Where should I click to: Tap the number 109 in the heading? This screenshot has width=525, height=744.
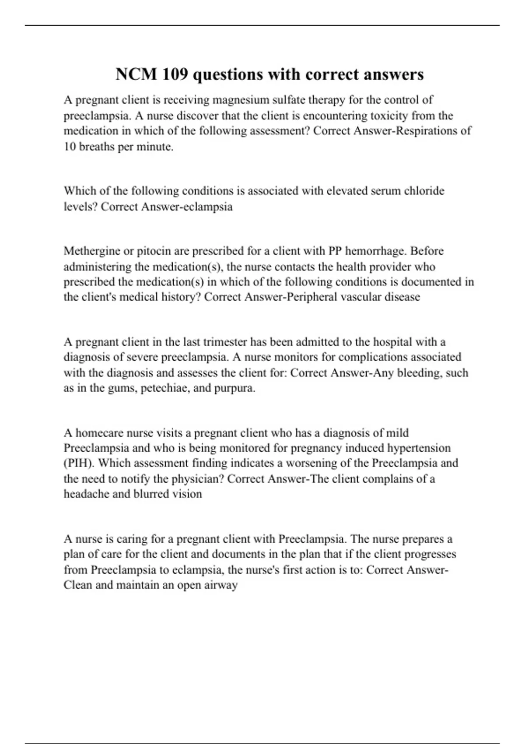pyautogui.click(x=175, y=74)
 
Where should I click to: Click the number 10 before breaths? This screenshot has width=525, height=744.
pyautogui.click(x=70, y=147)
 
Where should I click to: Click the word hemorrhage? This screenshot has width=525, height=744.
pyautogui.click(x=374, y=252)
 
